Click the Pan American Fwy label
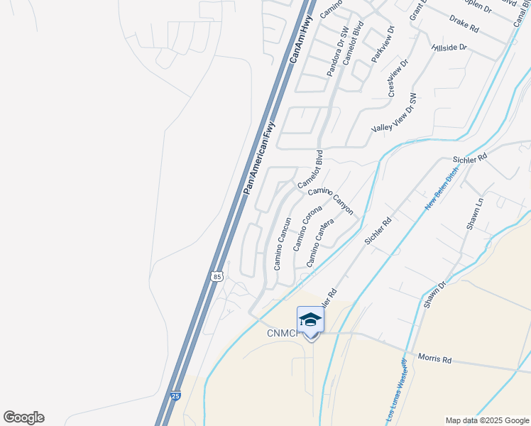tap(258, 158)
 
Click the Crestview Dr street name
tap(398, 78)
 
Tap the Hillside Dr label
tap(449, 48)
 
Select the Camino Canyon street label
tap(330, 200)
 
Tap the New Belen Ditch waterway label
tap(442, 192)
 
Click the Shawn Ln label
tap(474, 213)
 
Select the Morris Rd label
tap(434, 359)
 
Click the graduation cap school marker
tap(310, 321)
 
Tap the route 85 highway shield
tap(217, 275)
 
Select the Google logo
tap(23, 417)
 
